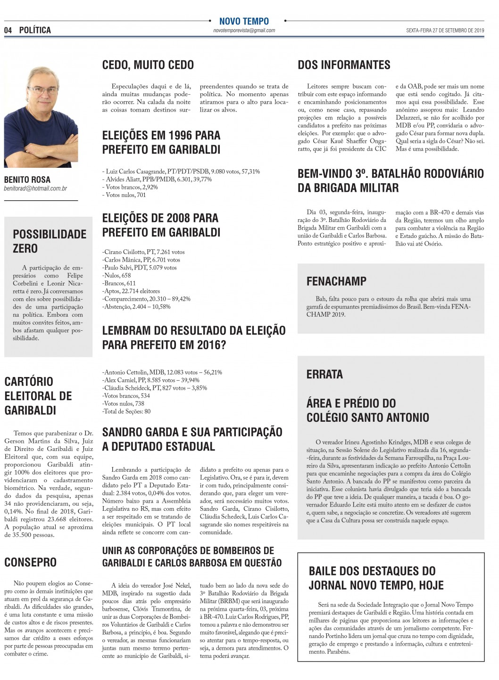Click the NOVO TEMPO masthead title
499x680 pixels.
[x=244, y=21]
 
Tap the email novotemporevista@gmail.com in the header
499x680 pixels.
[x=244, y=31]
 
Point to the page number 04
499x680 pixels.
[x=8, y=30]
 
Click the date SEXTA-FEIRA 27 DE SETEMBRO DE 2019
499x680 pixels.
[x=445, y=31]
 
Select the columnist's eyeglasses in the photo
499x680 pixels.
[x=42, y=89]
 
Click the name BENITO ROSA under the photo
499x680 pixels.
[x=27, y=180]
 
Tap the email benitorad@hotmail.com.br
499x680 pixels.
[x=36, y=188]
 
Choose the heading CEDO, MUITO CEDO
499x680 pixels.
[x=148, y=65]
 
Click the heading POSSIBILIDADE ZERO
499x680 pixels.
[x=50, y=241]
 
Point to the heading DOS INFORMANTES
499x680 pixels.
[x=344, y=65]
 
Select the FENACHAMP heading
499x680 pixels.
[x=336, y=281]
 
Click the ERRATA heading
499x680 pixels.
[x=324, y=375]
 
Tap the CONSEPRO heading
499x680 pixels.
[x=30, y=562]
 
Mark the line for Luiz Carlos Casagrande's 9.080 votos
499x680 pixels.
[x=181, y=172]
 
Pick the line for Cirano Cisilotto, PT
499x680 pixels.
[x=144, y=252]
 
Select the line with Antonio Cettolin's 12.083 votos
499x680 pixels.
[x=162, y=372]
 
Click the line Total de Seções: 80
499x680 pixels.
[x=126, y=411]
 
